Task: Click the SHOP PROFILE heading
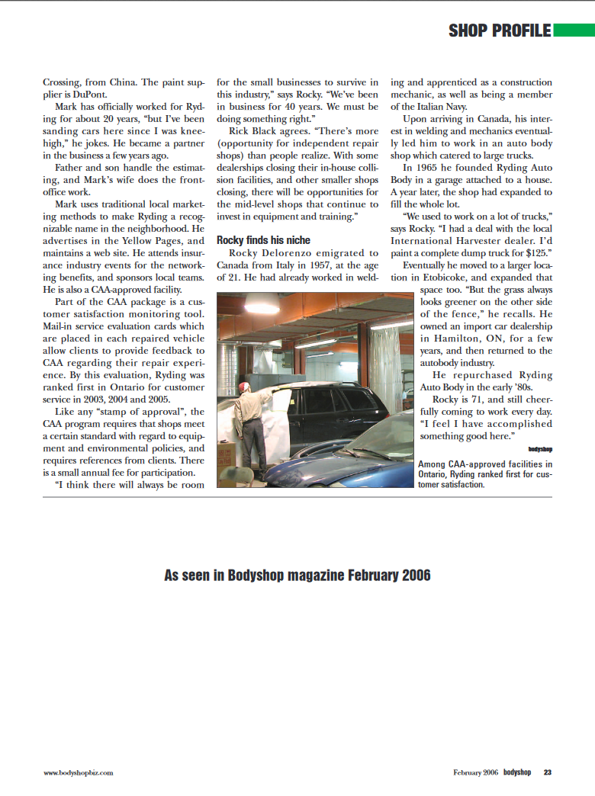tap(499, 30)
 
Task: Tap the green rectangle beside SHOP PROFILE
tap(573, 30)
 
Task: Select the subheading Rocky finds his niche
tap(264, 239)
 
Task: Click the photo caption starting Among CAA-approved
tap(485, 473)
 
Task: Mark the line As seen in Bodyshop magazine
tap(297, 575)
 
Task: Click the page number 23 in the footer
tap(547, 772)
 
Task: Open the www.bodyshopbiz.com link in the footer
tap(79, 772)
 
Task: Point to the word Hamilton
tap(458, 339)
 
